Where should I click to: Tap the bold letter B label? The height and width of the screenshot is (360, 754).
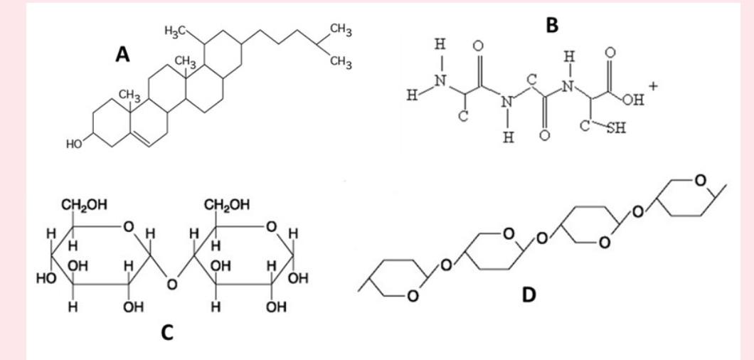(552, 26)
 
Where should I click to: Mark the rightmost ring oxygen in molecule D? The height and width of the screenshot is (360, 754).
(702, 179)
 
